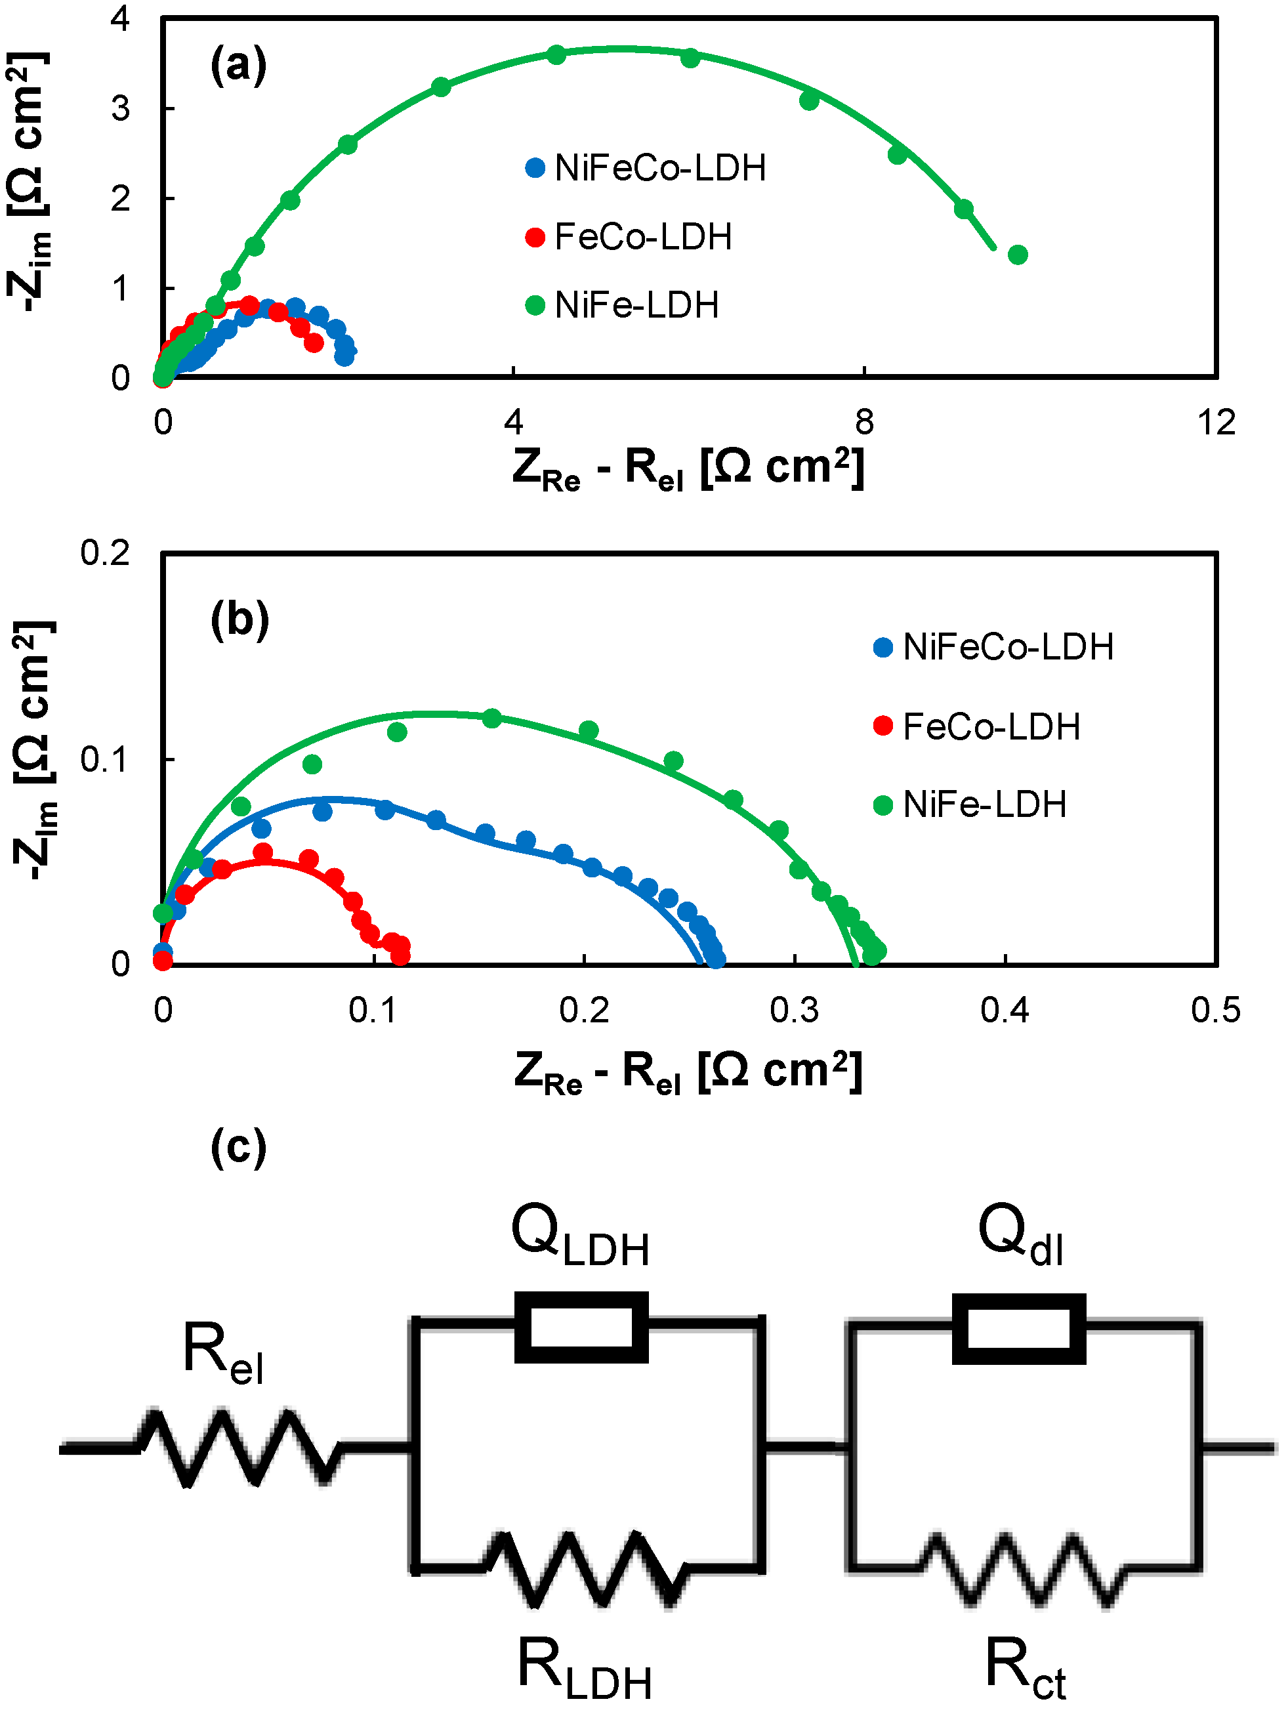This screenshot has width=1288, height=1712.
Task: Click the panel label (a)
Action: click(238, 65)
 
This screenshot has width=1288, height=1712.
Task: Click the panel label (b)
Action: click(239, 620)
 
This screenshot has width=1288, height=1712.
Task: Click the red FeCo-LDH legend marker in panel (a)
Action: click(535, 238)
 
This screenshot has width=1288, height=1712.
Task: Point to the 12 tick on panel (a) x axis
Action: click(1215, 423)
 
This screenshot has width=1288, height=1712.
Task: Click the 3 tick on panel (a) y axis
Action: click(120, 108)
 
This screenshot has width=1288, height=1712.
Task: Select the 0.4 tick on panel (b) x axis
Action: click(1004, 1010)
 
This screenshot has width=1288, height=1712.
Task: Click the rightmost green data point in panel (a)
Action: click(1018, 255)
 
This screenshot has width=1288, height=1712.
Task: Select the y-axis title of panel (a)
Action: click(30, 182)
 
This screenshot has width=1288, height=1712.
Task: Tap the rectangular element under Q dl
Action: click(1018, 1328)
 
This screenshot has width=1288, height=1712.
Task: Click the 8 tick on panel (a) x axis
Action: click(864, 423)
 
